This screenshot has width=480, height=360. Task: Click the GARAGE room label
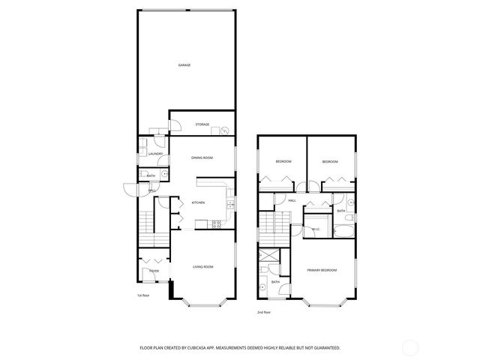[184, 65]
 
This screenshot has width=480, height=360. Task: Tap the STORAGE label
[202, 124]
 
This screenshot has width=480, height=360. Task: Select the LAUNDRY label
[155, 154]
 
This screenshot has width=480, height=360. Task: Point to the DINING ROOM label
[202, 157]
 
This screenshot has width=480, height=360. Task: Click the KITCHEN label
[198, 203]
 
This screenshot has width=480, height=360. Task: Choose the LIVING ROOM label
[203, 267]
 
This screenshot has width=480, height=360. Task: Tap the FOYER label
[154, 271]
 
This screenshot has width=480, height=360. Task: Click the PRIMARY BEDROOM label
[321, 269]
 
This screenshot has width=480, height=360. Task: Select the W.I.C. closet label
[316, 229]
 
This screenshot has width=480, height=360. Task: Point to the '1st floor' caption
[142, 295]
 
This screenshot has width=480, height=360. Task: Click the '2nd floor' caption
[262, 311]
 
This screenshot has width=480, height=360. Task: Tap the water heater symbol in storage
[224, 131]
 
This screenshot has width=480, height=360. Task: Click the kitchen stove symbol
[217, 223]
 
